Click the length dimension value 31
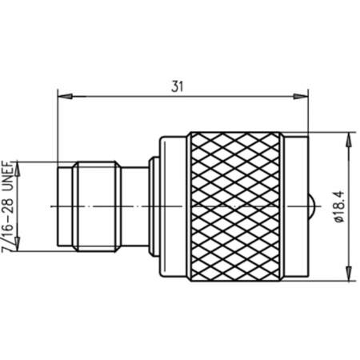pos(178,86)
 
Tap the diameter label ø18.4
pos(340,206)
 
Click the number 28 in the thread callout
pos(9,205)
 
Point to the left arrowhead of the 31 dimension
pos(65,97)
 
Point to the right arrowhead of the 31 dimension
pos(301,97)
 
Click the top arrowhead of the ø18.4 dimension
pos(349,139)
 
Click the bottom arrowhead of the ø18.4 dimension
pos(349,274)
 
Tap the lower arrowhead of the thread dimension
pos(18,244)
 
